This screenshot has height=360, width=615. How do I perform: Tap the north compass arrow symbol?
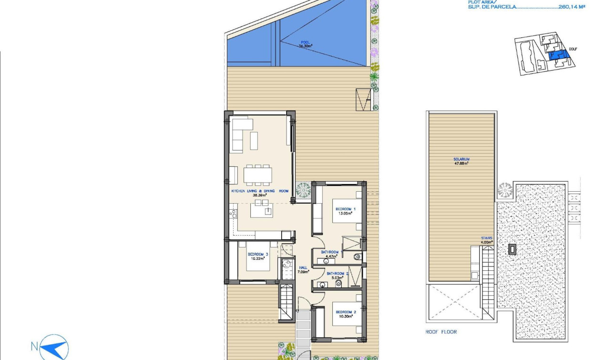pyautogui.click(x=54, y=347)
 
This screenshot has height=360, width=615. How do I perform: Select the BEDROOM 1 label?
pyautogui.click(x=346, y=211)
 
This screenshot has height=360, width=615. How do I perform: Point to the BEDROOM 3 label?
pyautogui.click(x=258, y=257)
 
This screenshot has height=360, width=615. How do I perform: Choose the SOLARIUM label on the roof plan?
pyautogui.click(x=461, y=161)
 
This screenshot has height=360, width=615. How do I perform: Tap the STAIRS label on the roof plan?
pyautogui.click(x=487, y=240)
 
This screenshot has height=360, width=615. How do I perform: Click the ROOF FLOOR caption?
pyautogui.click(x=441, y=332)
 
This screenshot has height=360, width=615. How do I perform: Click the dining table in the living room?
pyautogui.click(x=257, y=175)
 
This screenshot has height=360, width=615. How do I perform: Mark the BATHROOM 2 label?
pyautogui.click(x=338, y=276)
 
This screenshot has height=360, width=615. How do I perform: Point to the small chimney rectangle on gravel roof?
pyautogui.click(x=512, y=249)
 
